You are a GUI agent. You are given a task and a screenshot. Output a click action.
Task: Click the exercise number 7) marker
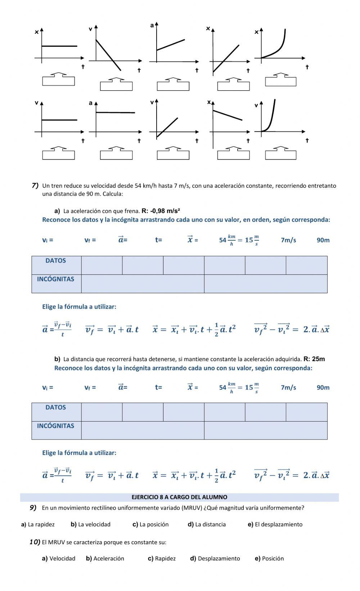[x=35, y=186]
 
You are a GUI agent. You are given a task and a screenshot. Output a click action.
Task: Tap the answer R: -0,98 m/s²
[x=161, y=211]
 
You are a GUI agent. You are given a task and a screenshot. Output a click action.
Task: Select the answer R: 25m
[x=314, y=359]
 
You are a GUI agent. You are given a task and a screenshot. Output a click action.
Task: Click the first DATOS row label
[x=56, y=261]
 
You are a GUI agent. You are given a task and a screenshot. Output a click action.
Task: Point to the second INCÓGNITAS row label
[x=56, y=426]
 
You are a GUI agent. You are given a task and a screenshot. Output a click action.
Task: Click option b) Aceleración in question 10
[x=105, y=558]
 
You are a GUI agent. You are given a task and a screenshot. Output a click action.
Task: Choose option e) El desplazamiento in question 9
[x=275, y=524]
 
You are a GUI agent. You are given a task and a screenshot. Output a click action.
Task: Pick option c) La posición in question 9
[x=150, y=524]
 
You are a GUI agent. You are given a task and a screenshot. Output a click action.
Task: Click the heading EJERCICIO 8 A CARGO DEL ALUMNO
[x=179, y=497]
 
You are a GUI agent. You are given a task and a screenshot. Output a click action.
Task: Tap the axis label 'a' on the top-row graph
[x=152, y=25]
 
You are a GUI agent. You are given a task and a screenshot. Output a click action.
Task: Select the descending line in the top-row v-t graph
[x=108, y=55]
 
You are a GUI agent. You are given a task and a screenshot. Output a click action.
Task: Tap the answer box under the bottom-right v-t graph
[x=280, y=155]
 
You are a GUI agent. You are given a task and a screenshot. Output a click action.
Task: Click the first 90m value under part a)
[x=323, y=240]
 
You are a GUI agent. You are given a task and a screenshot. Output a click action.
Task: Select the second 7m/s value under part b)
[x=288, y=387]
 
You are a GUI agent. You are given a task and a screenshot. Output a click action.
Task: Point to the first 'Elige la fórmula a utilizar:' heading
[x=79, y=307]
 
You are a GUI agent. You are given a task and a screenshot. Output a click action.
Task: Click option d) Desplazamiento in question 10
[x=215, y=558]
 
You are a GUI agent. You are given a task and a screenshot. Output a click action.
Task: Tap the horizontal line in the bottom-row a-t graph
[x=115, y=113]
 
